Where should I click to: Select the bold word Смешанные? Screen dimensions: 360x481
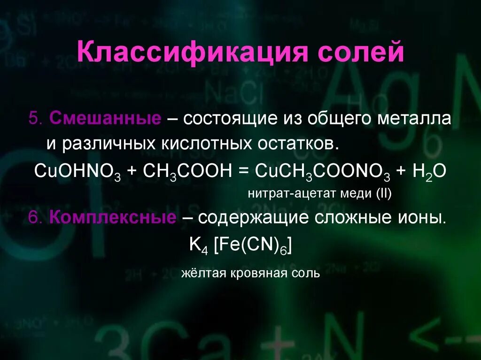pos(105,119)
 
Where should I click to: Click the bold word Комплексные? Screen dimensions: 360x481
pos(113,217)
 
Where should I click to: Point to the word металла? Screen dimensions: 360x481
pos(414,119)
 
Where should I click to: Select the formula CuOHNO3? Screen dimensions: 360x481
pos(78,170)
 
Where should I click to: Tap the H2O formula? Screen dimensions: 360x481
pos(429,170)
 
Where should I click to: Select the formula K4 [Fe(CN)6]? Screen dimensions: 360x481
pos(240,245)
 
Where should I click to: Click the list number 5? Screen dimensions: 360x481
pos(35,119)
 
